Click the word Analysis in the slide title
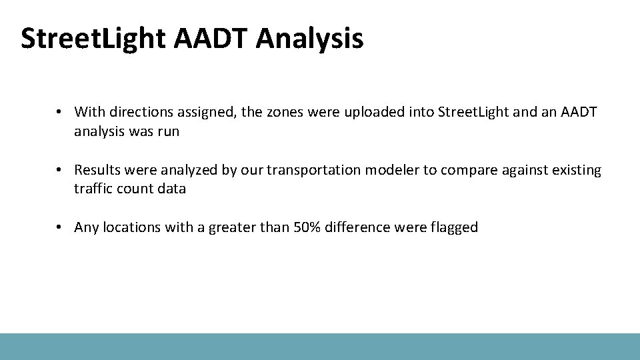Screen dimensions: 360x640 click(x=309, y=39)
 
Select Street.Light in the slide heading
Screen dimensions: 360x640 click(x=93, y=39)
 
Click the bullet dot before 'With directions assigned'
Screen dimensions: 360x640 click(x=59, y=111)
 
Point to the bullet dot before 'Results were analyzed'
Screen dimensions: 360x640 click(x=59, y=171)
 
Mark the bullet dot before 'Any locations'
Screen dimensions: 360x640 click(x=59, y=228)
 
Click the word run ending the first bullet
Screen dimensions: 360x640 click(x=169, y=131)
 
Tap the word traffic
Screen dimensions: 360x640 click(x=93, y=189)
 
